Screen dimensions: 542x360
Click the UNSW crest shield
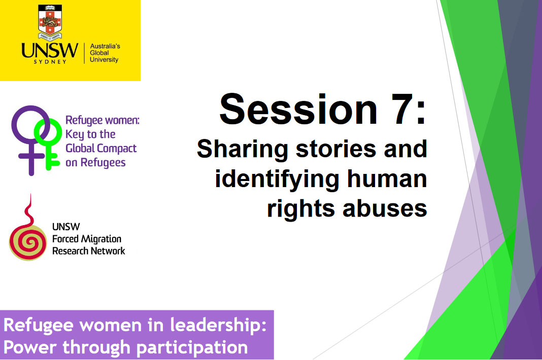click(x=50, y=21)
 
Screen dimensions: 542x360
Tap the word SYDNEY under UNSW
click(x=50, y=62)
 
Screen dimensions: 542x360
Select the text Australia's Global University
click(x=105, y=53)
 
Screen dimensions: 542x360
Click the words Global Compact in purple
click(x=101, y=149)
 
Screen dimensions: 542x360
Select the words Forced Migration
click(x=87, y=239)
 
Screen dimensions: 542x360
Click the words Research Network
click(x=88, y=251)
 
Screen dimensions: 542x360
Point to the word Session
click(x=298, y=109)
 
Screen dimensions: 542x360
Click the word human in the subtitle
click(x=387, y=179)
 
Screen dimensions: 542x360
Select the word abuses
click(x=385, y=209)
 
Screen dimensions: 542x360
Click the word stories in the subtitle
click(x=336, y=149)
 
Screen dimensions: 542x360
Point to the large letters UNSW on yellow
click(x=50, y=50)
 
